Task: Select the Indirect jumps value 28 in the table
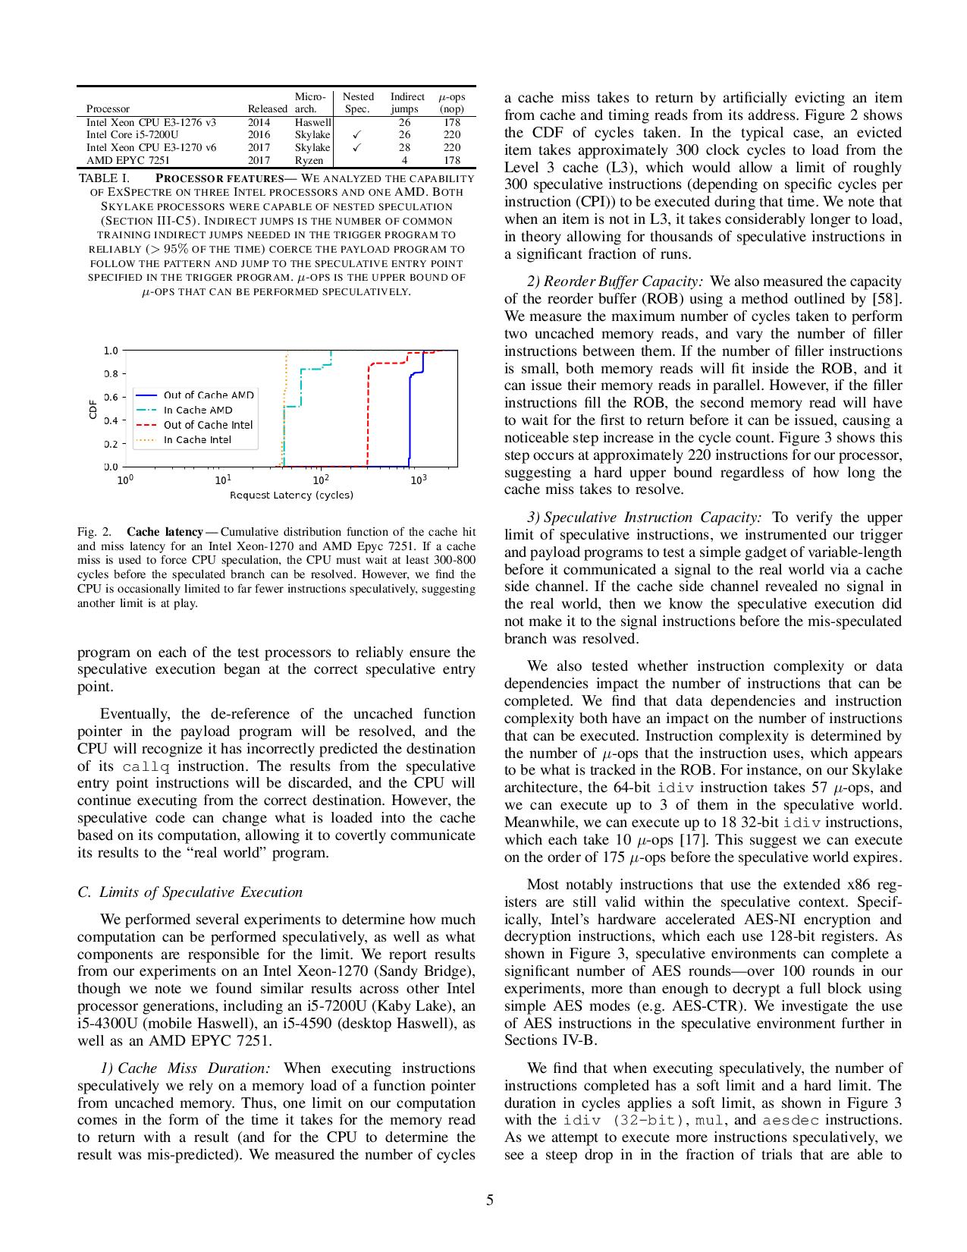(404, 147)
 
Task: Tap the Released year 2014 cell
(259, 121)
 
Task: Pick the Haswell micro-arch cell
(312, 121)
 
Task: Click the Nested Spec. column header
(357, 102)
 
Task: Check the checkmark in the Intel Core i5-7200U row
(357, 134)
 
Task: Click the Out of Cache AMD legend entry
(209, 395)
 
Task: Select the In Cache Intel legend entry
(197, 440)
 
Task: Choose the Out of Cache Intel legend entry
(208, 425)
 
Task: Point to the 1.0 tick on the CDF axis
(111, 351)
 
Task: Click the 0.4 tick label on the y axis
(111, 420)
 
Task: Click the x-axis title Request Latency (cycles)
(291, 495)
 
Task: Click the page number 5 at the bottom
(489, 1200)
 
